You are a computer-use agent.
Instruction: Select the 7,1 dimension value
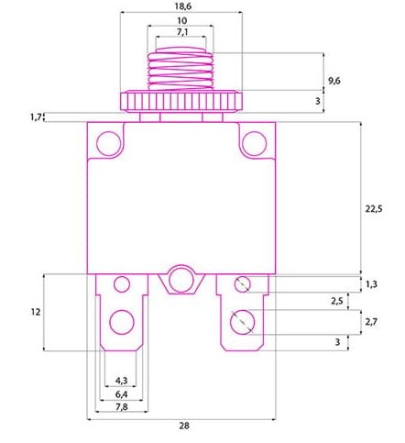pyautogui.click(x=181, y=33)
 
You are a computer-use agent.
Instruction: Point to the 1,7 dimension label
pyautogui.click(x=36, y=116)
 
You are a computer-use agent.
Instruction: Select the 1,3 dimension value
pyautogui.click(x=371, y=284)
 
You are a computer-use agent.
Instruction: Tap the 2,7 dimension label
pyautogui.click(x=371, y=322)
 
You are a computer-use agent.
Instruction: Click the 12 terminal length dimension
pyautogui.click(x=35, y=312)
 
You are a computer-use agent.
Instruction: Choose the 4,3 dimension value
pyautogui.click(x=121, y=381)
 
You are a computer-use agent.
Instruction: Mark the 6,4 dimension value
pyautogui.click(x=121, y=394)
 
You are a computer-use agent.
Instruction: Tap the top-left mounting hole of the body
pyautogui.click(x=110, y=142)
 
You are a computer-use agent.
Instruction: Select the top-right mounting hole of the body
pyautogui.click(x=252, y=142)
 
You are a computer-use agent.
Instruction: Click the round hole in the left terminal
pyautogui.click(x=120, y=321)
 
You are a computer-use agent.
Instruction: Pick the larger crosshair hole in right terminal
pyautogui.click(x=242, y=321)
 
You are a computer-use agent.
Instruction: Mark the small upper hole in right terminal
pyautogui.click(x=242, y=284)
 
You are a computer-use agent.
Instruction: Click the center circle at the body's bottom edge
pyautogui.click(x=181, y=279)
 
